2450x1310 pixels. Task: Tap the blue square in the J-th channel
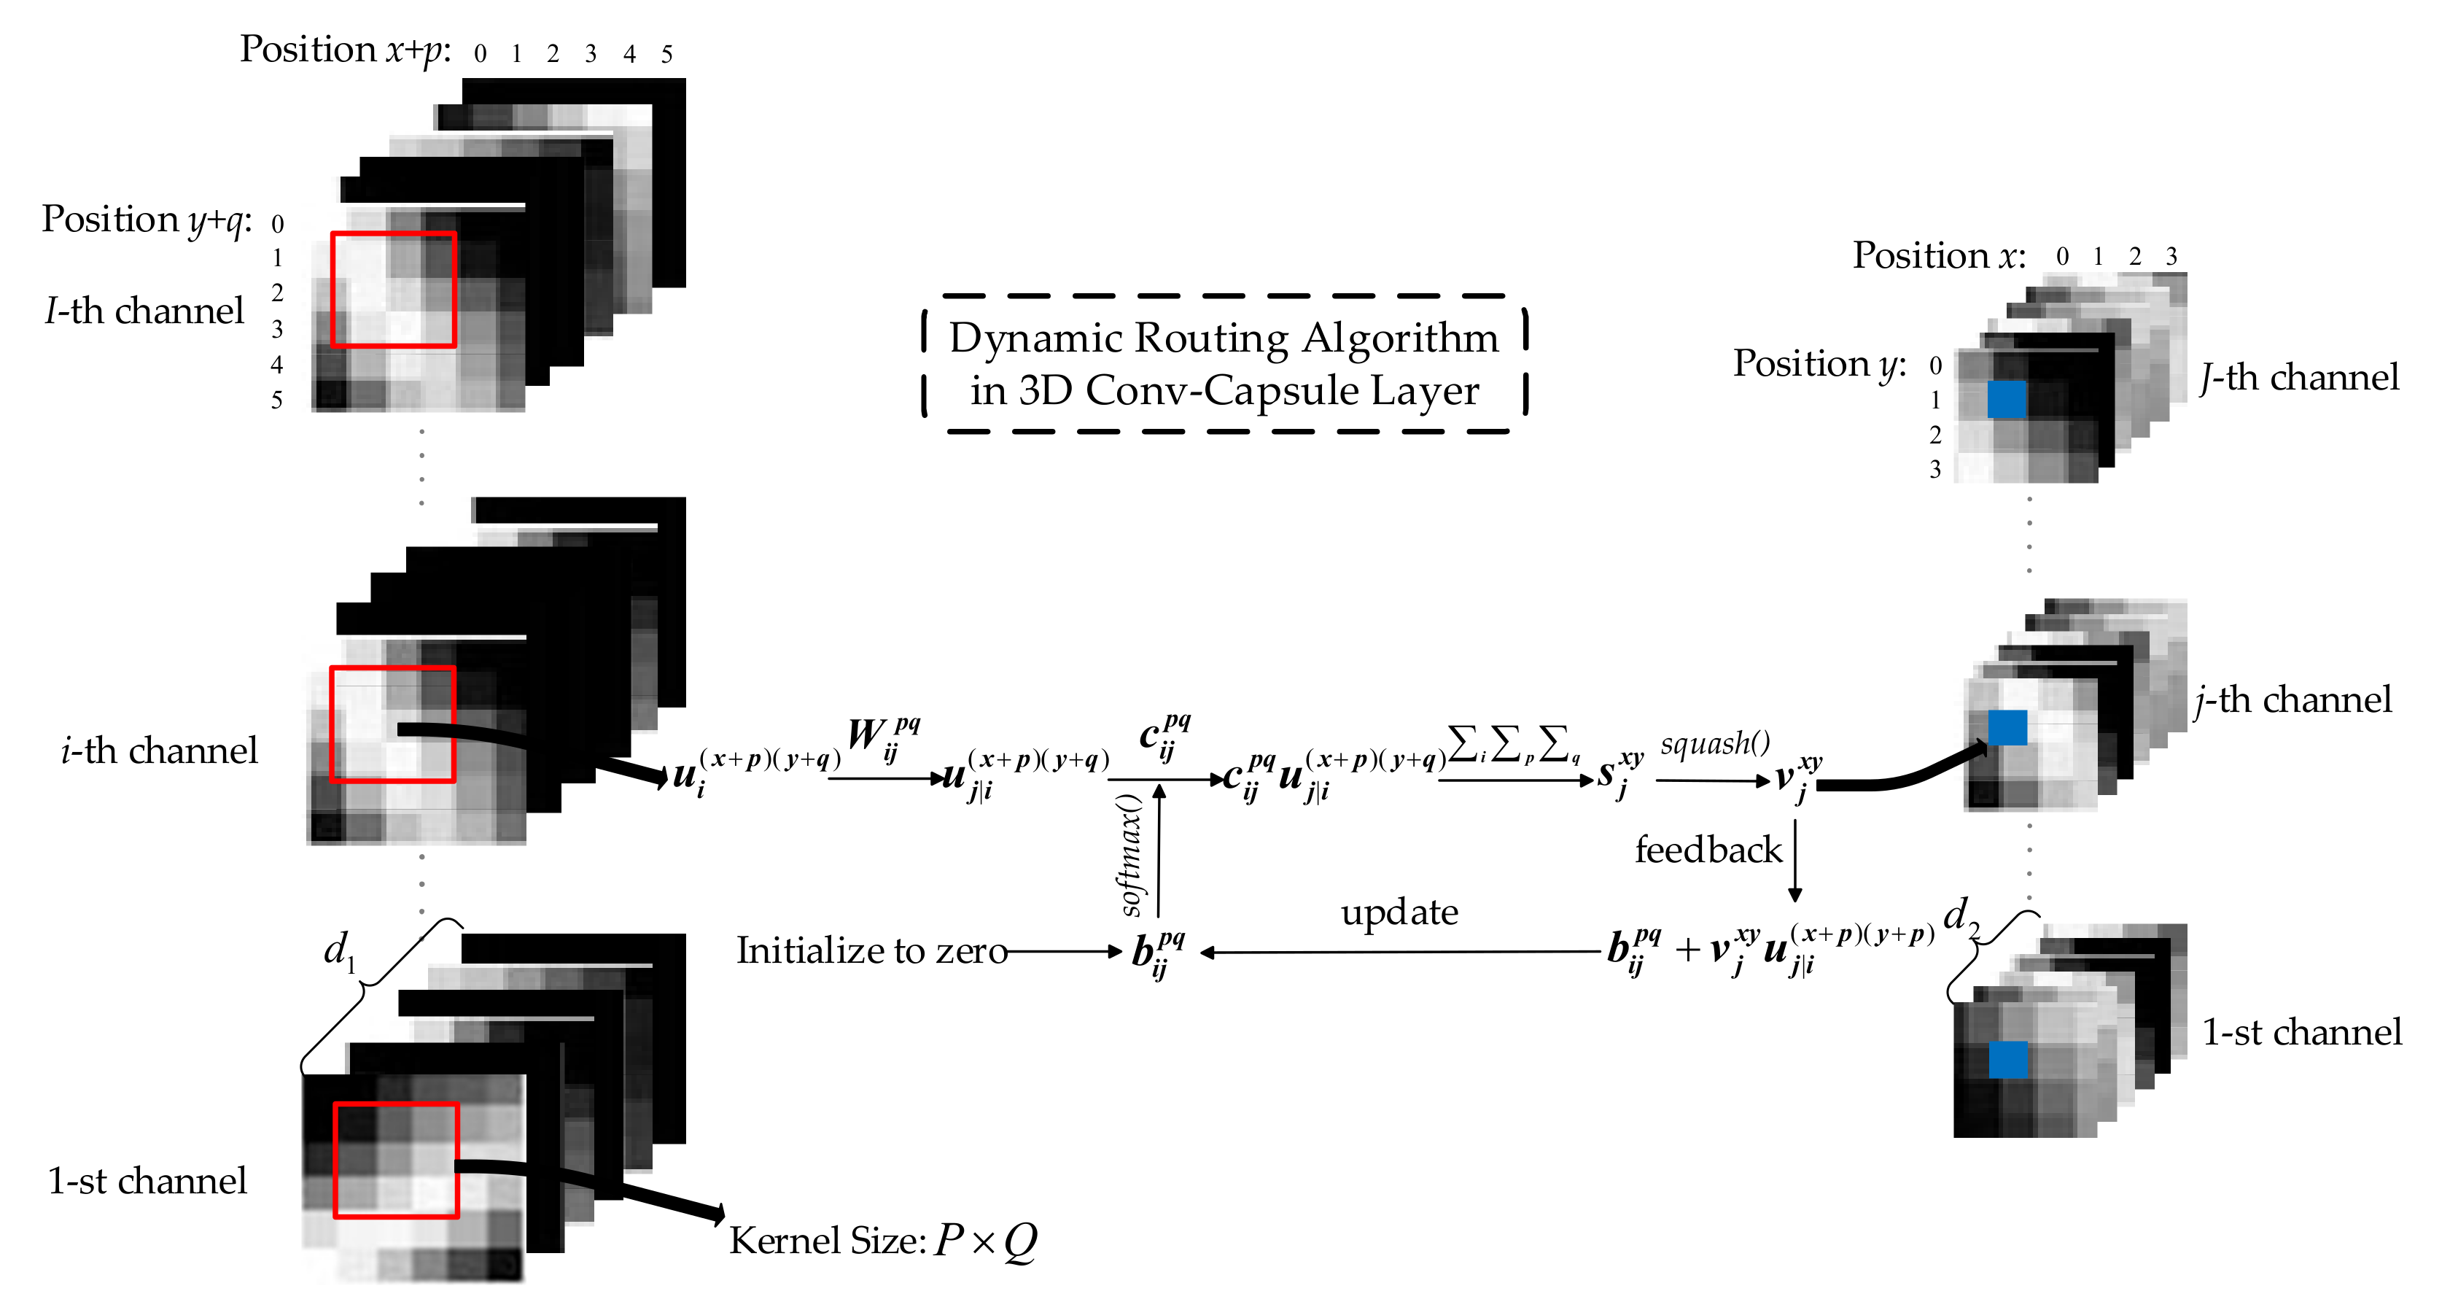pyautogui.click(x=2007, y=398)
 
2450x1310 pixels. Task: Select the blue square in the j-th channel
pyautogui.click(x=2007, y=728)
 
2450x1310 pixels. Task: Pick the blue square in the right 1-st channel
pyautogui.click(x=2007, y=1059)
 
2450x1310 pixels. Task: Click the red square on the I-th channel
pyautogui.click(x=394, y=290)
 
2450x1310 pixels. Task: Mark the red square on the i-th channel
pyautogui.click(x=392, y=724)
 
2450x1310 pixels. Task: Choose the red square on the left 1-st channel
pyautogui.click(x=396, y=1160)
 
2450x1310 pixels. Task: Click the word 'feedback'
pyautogui.click(x=1707, y=850)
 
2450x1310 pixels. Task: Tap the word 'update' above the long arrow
pyautogui.click(x=1399, y=912)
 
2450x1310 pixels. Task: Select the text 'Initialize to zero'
pyautogui.click(x=871, y=950)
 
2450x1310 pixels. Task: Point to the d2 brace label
pyautogui.click(x=1960, y=915)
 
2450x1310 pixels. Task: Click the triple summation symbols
pyautogui.click(x=1512, y=743)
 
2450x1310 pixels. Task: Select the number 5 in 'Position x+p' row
pyautogui.click(x=666, y=54)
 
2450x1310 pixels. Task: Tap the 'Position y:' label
pyautogui.click(x=1819, y=363)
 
